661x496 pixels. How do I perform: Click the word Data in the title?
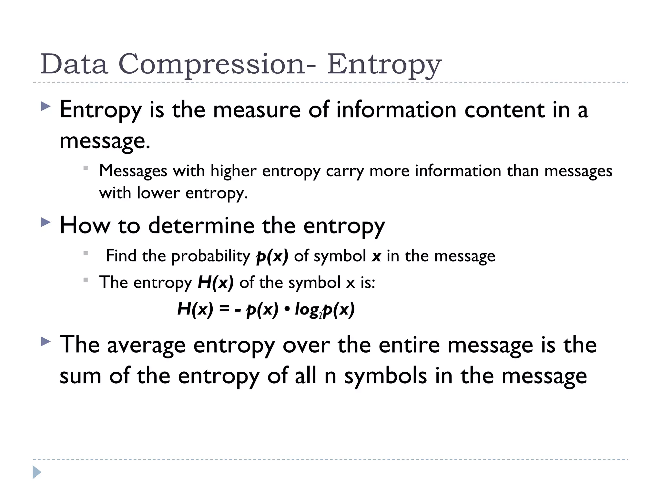point(74,64)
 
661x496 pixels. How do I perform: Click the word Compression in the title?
point(212,64)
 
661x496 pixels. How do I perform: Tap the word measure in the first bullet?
point(257,110)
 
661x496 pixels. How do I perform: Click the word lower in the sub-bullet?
point(158,193)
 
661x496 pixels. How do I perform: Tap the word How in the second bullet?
point(85,225)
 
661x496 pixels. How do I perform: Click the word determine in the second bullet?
point(201,225)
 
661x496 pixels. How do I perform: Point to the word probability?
point(210,256)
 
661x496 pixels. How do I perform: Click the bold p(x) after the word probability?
point(272,256)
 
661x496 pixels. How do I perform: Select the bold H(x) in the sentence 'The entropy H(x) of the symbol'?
point(215,283)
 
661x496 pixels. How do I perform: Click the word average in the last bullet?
point(146,345)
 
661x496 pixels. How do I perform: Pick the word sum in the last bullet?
point(80,376)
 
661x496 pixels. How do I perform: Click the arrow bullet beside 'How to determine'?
point(46,222)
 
